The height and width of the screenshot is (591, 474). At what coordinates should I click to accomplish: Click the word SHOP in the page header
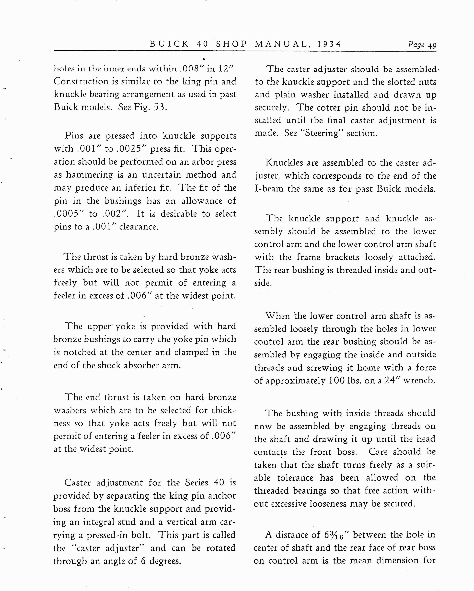pyautogui.click(x=232, y=44)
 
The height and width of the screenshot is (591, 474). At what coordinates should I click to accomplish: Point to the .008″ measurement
pyautogui.click(x=191, y=68)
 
